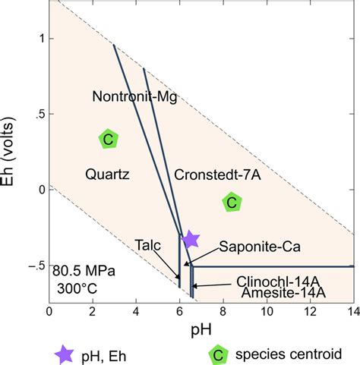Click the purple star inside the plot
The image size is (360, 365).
pyautogui.click(x=191, y=240)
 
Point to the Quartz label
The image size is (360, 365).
pyautogui.click(x=108, y=175)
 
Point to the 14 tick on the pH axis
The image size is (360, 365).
pyautogui.click(x=353, y=312)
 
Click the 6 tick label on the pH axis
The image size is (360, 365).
pyautogui.click(x=179, y=312)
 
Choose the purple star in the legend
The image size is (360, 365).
pyautogui.click(x=66, y=353)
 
